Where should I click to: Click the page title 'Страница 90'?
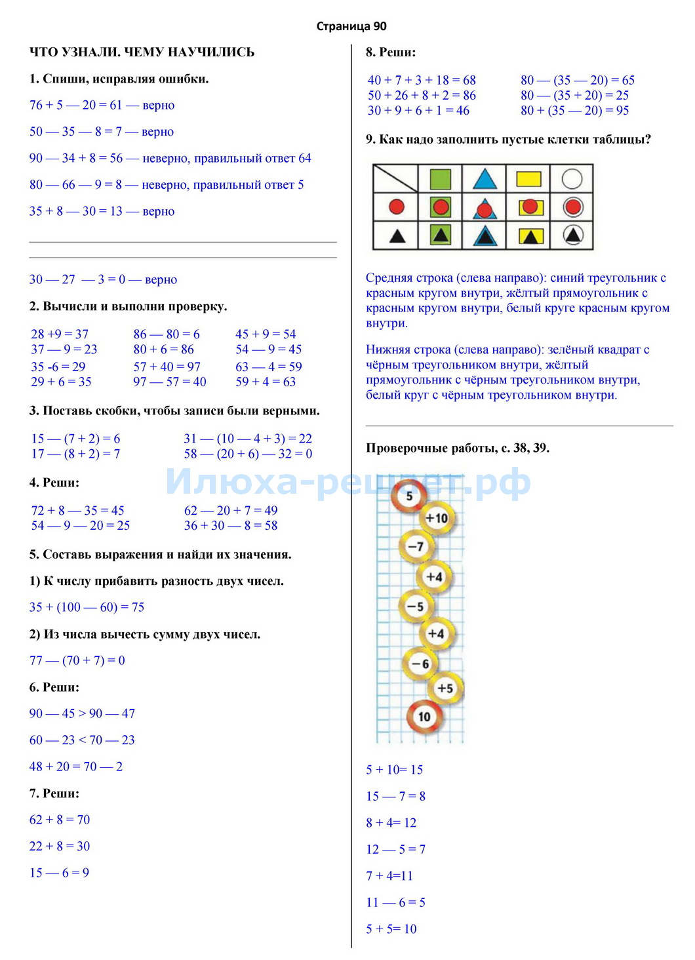point(351,26)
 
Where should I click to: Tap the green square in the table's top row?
point(440,179)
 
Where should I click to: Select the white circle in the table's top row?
point(572,179)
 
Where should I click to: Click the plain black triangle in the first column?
point(397,235)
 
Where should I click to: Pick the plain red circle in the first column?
point(396,207)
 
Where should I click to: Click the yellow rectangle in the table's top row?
point(528,179)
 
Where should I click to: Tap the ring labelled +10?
point(435,518)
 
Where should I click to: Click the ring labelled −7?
point(416,546)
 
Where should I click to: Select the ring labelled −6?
point(420,664)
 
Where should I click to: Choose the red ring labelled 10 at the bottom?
point(424,716)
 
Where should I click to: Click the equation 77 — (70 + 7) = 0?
point(77,660)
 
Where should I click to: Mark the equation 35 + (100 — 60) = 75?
point(87,607)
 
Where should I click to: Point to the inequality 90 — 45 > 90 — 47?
point(82,713)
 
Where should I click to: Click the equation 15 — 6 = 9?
point(59,873)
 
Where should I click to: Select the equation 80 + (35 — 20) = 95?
point(574,110)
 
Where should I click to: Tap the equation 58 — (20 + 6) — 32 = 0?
point(248,454)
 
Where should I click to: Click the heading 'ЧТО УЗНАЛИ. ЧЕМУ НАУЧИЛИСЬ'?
point(142,52)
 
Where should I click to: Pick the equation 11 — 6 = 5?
point(395,902)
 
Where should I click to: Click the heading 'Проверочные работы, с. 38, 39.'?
point(457,449)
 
